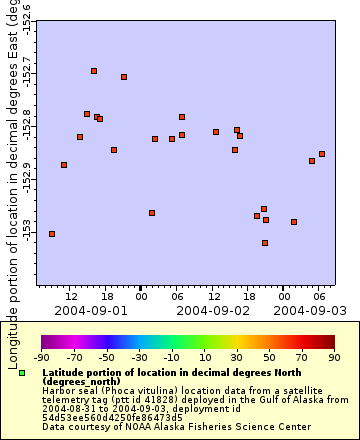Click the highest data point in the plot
[94, 71]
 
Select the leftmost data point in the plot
[52, 234]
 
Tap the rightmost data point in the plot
[322, 154]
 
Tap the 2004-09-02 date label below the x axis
[212, 310]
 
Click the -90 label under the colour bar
[41, 357]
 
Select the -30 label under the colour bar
[139, 357]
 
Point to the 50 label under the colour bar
[269, 357]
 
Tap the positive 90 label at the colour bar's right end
[333, 357]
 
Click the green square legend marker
[22, 372]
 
